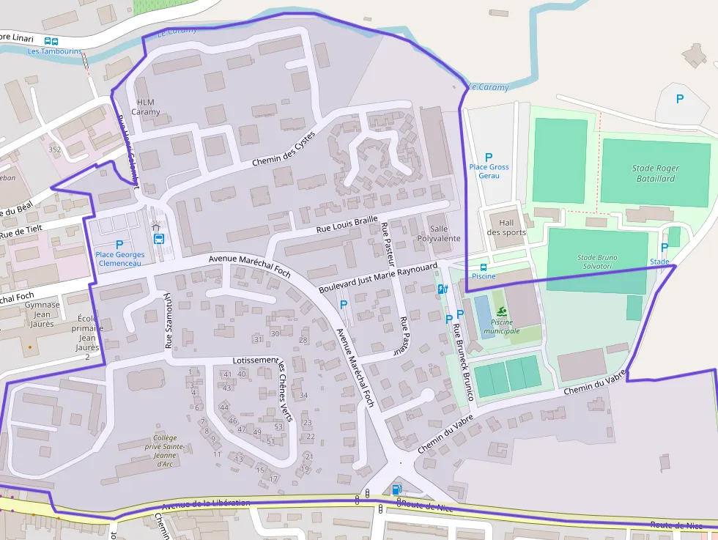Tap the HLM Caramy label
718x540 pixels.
coord(145,107)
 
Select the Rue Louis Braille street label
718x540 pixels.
coord(347,224)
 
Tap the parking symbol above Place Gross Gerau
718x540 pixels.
coord(489,157)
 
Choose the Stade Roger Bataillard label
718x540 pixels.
coord(655,173)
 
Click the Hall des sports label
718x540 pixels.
coord(506,227)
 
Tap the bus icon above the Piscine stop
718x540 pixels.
coord(483,267)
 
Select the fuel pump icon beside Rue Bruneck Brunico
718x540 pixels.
coord(442,289)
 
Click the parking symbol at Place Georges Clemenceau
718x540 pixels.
coord(119,244)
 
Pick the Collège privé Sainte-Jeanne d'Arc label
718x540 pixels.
coord(164,451)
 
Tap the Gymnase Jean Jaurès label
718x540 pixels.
coord(42,314)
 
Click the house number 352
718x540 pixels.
coord(54,149)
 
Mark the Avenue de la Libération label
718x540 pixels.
coord(206,504)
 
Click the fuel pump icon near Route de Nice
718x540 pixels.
coord(396,489)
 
